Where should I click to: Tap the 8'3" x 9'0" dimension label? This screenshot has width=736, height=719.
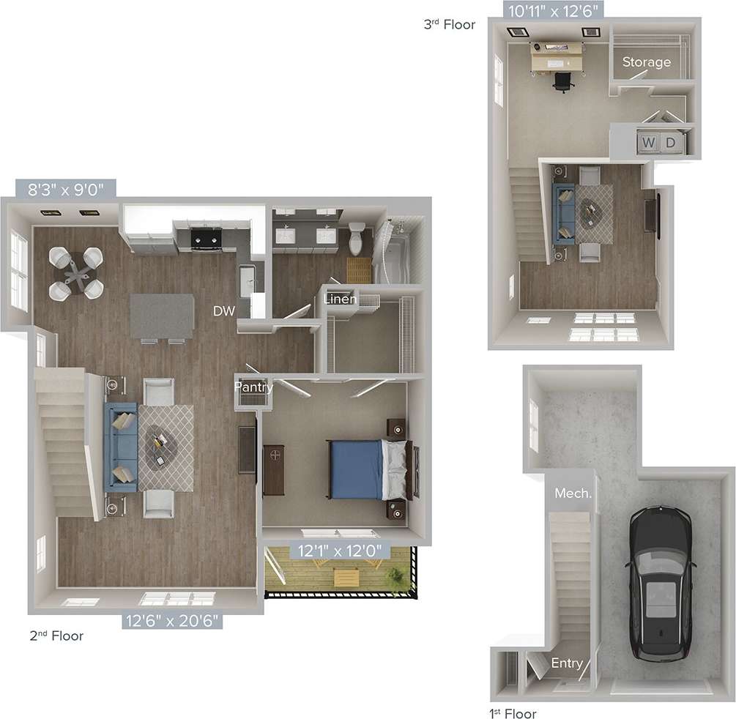(66, 189)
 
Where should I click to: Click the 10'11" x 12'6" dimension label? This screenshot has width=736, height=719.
(554, 10)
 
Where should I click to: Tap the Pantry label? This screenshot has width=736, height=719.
(253, 387)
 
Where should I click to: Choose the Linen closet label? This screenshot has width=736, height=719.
(341, 299)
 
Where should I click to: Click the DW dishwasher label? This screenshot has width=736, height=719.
(224, 311)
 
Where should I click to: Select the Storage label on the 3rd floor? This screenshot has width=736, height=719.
(647, 62)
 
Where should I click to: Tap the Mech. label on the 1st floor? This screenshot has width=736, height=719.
(573, 493)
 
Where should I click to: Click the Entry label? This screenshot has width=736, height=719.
(567, 663)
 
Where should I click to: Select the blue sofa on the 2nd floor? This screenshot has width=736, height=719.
(121, 446)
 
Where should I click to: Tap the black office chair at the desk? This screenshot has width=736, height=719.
(562, 82)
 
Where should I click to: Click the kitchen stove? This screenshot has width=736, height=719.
(206, 236)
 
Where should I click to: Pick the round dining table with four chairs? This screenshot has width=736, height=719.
(75, 273)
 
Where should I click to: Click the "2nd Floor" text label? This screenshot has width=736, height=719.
(56, 636)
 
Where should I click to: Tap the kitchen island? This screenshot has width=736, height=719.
(162, 316)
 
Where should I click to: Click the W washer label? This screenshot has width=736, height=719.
(649, 142)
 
